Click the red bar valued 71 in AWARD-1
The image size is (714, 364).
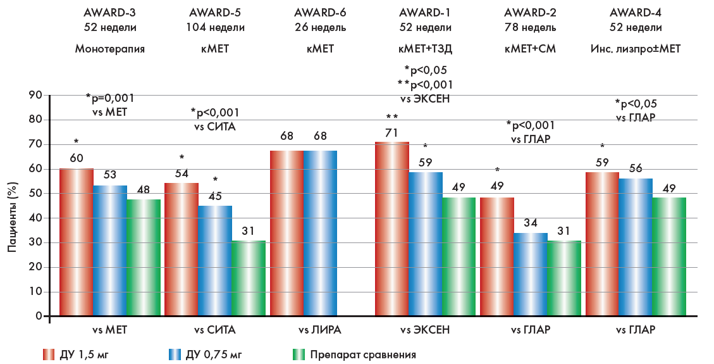tap(391, 229)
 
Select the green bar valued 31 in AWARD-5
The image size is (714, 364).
tap(248, 278)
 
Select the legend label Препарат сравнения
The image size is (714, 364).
tap(362, 354)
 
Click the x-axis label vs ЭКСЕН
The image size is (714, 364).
tap(425, 330)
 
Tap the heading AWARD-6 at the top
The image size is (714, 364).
tap(320, 12)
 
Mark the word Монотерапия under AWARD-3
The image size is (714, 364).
tap(110, 49)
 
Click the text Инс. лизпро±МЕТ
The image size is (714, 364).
tap(636, 49)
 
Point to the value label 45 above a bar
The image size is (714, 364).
tap(216, 196)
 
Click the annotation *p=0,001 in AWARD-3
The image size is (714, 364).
tap(110, 98)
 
